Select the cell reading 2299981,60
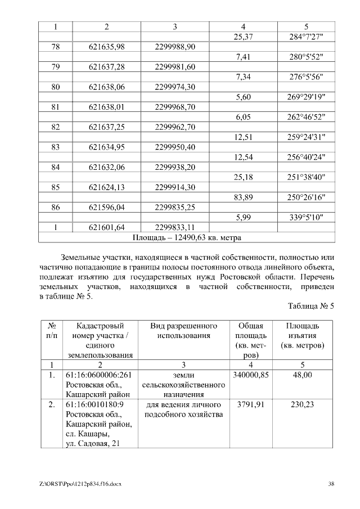click(x=175, y=67)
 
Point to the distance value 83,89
click(x=243, y=197)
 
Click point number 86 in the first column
click(x=56, y=208)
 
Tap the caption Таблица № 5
click(x=311, y=307)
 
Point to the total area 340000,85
click(x=247, y=375)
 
